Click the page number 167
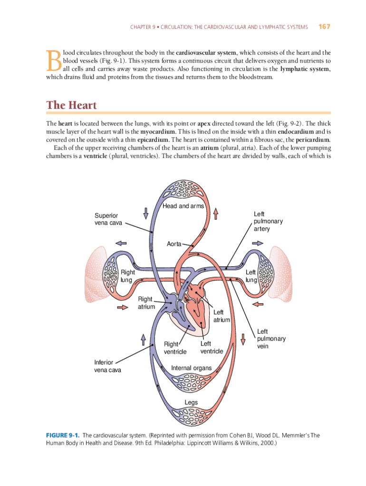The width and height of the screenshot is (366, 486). tap(324, 27)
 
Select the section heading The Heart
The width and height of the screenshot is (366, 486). tap(71, 105)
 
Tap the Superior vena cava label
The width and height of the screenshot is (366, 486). tap(108, 219)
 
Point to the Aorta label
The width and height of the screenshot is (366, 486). tap(174, 243)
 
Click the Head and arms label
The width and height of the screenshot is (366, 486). tap(183, 206)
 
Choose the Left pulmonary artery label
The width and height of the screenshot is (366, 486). tap(268, 222)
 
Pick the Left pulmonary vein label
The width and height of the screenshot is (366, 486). tap(271, 339)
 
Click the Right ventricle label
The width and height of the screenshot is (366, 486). tap(175, 348)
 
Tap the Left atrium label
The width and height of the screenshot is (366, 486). tap(222, 316)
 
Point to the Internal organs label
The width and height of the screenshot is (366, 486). tap(191, 368)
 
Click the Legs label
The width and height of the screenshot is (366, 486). tap(191, 402)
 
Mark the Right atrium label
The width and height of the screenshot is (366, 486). tap(146, 303)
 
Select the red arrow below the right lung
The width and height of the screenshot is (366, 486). tap(122, 308)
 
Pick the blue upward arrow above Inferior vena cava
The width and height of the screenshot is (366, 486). tap(143, 340)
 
